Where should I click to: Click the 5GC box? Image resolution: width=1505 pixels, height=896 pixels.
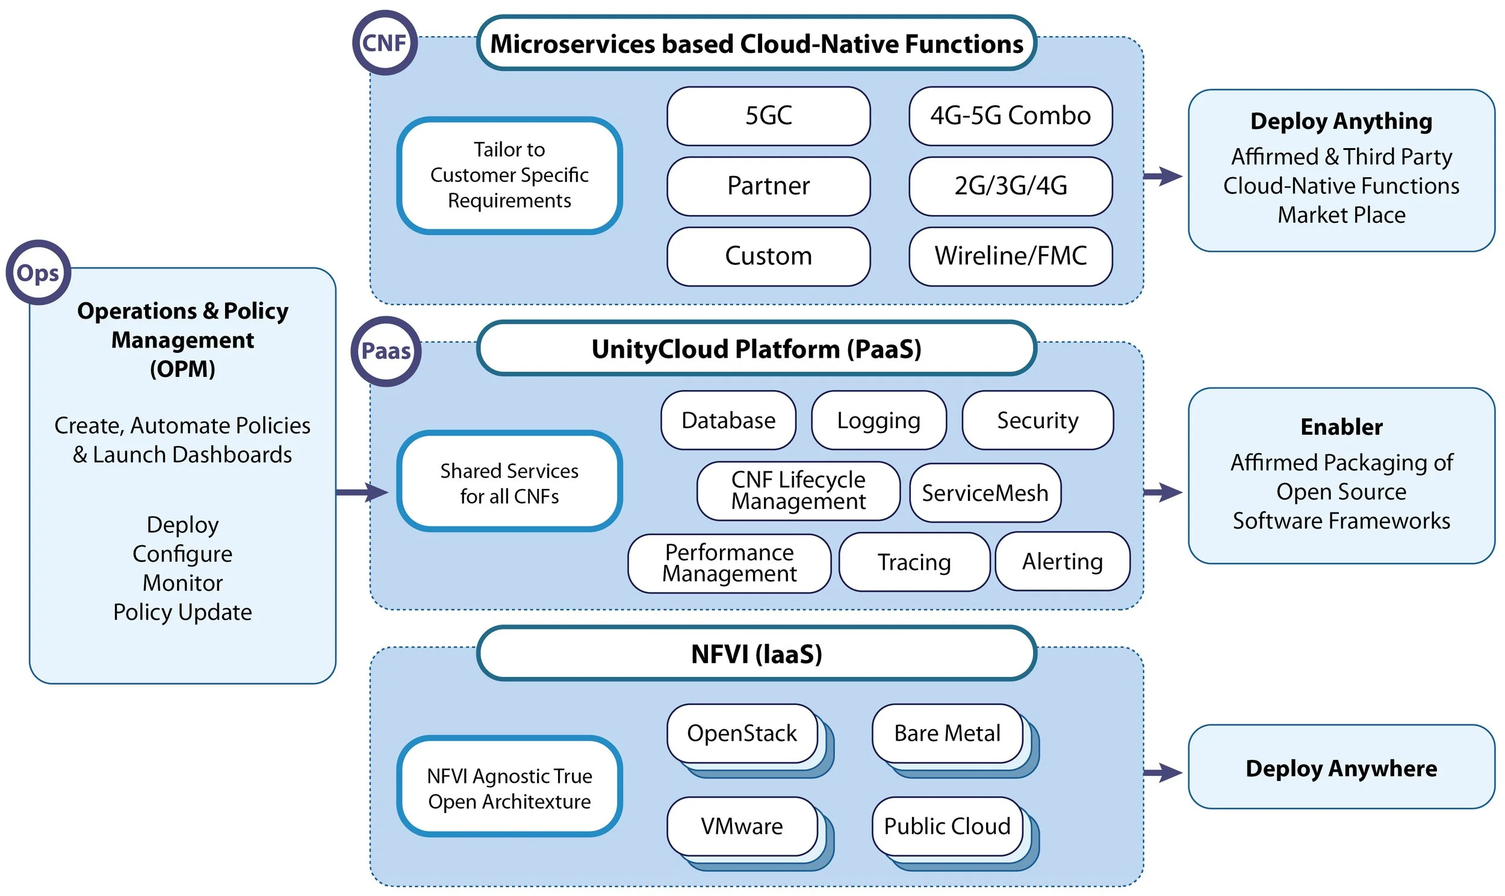[768, 116]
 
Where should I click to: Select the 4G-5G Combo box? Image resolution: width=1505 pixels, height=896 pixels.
[1010, 116]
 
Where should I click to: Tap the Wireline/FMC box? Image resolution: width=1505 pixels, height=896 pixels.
[1010, 256]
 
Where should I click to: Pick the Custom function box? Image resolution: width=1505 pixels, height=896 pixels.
[768, 256]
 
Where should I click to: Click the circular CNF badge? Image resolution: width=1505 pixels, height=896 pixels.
[385, 43]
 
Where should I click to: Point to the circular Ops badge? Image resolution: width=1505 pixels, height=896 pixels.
[38, 273]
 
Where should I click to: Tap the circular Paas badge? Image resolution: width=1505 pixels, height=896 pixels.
[386, 351]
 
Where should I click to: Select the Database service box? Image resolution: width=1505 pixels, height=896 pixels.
[728, 420]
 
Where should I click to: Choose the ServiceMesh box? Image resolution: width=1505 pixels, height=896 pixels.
[985, 493]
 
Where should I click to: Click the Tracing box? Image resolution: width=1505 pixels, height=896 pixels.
[914, 562]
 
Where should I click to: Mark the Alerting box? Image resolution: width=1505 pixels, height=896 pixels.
[1062, 562]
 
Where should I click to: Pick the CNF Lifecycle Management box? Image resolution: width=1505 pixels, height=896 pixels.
[798, 491]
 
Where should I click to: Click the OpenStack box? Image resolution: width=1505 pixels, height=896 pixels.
[742, 733]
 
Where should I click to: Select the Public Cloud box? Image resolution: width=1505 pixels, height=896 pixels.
[947, 826]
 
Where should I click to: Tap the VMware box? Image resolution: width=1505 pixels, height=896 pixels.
[742, 826]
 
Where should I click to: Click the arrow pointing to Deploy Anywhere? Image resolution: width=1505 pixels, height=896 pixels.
[1162, 772]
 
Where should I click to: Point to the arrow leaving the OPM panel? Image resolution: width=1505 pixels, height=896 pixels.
[361, 493]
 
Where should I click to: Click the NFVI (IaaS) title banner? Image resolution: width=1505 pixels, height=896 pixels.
[756, 655]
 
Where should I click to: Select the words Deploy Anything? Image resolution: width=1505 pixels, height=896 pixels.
[1341, 122]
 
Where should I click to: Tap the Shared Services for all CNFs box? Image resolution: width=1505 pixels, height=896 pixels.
[509, 482]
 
